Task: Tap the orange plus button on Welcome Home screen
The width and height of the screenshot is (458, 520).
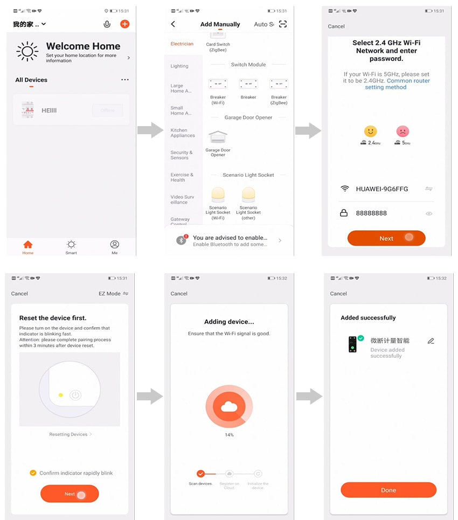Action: coord(124,24)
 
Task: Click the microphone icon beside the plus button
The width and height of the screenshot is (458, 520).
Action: coord(107,24)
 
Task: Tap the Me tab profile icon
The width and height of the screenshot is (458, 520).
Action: coord(114,245)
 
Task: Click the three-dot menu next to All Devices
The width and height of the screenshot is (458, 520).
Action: coord(125,80)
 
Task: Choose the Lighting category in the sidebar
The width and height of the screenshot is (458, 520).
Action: coord(179,66)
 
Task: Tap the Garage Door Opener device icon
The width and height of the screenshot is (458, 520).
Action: coord(218,138)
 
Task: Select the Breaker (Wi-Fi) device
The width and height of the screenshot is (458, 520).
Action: coord(218,85)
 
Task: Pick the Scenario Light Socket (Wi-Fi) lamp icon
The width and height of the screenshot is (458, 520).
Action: coord(218,195)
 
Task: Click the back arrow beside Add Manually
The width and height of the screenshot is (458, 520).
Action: coord(173,24)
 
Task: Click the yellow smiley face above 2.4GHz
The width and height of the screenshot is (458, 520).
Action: coord(370,131)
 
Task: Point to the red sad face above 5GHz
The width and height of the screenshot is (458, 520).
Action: coord(403,131)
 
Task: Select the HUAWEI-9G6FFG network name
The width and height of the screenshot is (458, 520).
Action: coord(382,189)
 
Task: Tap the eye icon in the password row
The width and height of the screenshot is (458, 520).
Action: coord(429,213)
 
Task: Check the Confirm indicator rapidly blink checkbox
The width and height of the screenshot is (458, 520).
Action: coord(33,473)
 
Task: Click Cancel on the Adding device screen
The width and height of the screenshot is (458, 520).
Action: coord(179,294)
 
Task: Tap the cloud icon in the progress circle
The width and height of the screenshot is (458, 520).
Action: coord(229,407)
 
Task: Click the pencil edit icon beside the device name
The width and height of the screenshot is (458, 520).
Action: coord(431,341)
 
